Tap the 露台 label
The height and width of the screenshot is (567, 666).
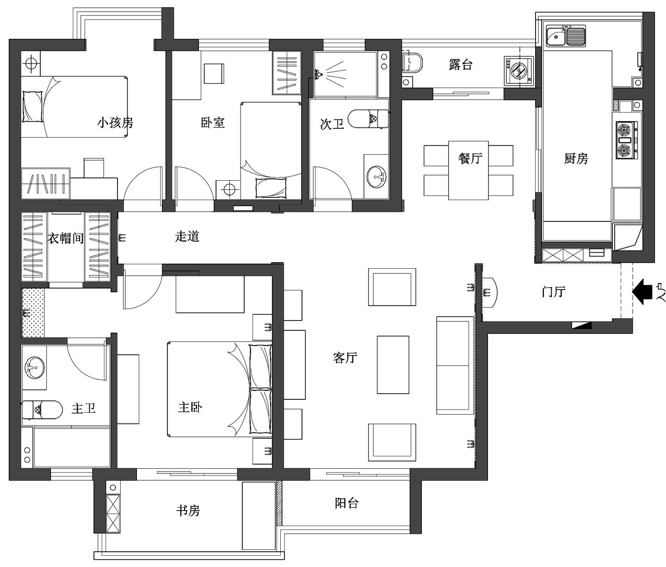[x=461, y=65]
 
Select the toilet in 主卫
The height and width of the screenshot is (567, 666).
[x=43, y=410]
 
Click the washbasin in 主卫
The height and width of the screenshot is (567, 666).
[x=35, y=368]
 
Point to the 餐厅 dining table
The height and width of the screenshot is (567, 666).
[x=469, y=170]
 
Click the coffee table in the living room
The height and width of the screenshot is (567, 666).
[x=393, y=365]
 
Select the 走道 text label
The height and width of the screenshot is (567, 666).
[x=187, y=237]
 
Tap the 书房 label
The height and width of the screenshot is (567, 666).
[x=188, y=510]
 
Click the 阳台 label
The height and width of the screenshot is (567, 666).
[x=346, y=503]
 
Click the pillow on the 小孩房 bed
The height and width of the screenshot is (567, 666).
[x=32, y=107]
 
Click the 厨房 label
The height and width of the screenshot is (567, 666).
[x=576, y=159]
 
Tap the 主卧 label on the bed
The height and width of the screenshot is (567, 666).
[x=190, y=408]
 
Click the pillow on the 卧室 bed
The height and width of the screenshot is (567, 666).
[x=271, y=188]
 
